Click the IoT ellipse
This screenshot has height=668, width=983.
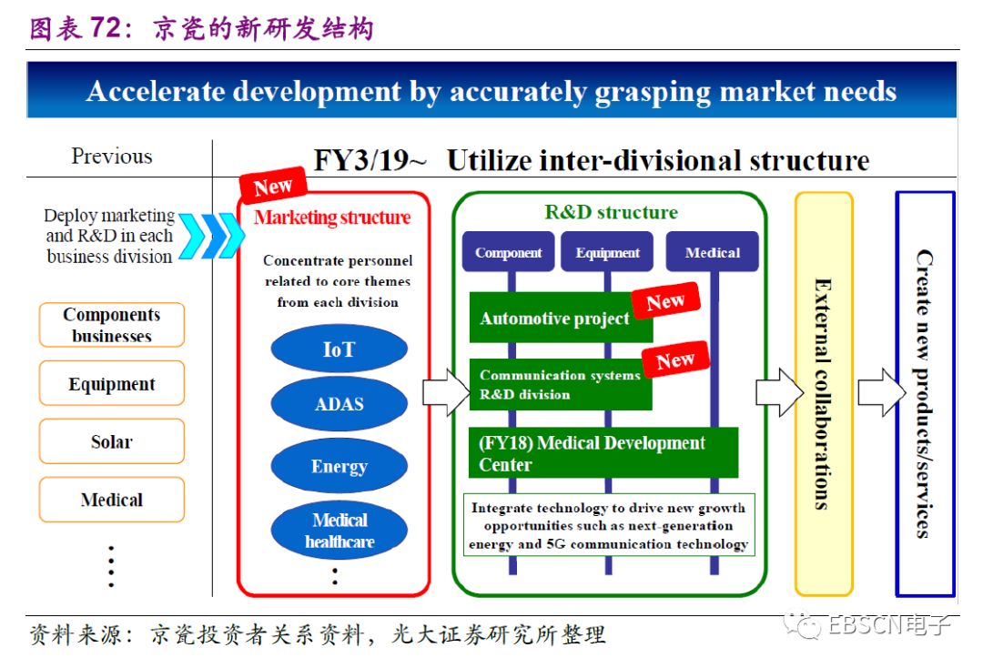339,349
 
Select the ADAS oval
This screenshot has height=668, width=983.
339,403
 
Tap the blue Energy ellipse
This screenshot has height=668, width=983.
339,466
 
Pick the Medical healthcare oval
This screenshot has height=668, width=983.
339,531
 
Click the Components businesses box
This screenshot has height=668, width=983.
112,325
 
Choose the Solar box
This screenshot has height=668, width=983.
112,441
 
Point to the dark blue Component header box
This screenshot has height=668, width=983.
508,253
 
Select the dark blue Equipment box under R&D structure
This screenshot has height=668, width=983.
607,253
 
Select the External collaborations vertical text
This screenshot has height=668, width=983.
823,393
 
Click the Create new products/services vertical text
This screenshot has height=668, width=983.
924,393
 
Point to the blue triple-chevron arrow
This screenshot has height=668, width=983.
211,237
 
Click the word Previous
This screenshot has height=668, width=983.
112,156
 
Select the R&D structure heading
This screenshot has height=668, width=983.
611,213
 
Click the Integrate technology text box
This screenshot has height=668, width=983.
609,526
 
